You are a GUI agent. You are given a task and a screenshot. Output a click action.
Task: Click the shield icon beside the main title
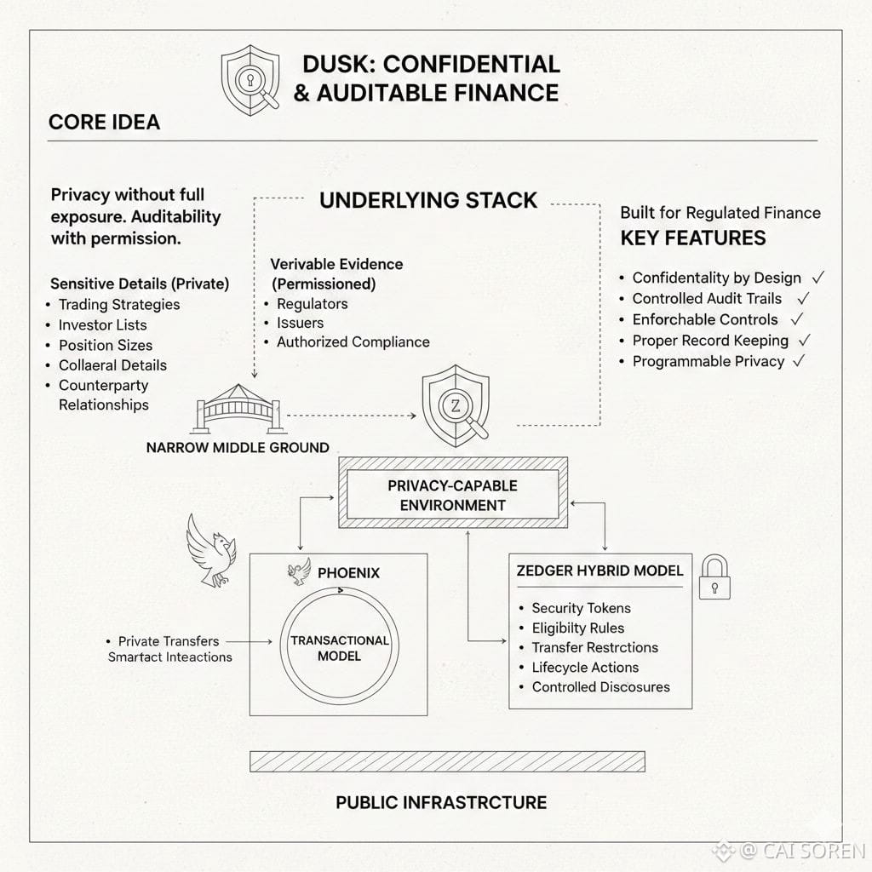tap(250, 80)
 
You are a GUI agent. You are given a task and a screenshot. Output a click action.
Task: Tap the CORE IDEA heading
tap(104, 122)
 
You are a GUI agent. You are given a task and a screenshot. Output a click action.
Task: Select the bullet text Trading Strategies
tap(119, 304)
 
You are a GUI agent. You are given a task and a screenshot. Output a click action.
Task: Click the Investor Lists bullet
tap(102, 324)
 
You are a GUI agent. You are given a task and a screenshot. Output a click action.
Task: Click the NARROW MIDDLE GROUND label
tap(238, 447)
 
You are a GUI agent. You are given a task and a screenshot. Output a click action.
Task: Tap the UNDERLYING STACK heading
tap(428, 201)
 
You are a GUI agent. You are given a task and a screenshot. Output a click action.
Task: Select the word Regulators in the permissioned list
tap(312, 304)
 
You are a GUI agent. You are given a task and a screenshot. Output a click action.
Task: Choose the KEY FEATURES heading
tap(692, 238)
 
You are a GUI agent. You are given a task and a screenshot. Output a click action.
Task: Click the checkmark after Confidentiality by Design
tap(818, 278)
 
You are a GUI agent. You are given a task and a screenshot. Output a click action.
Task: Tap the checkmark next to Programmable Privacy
tap(799, 361)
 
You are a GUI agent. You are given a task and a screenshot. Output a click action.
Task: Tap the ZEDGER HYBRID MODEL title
tap(599, 571)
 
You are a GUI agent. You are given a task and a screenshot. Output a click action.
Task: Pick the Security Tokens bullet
tap(581, 608)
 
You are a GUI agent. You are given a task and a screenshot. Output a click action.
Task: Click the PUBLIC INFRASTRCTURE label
tap(441, 801)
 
